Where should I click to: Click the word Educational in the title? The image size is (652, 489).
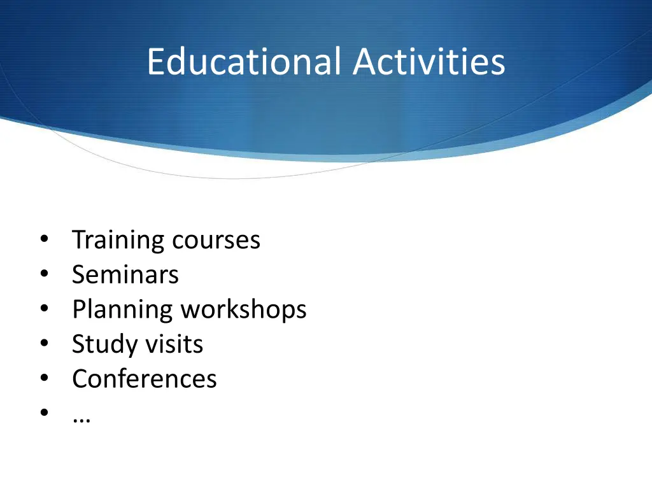(x=245, y=62)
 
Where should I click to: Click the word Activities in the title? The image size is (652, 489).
(x=429, y=62)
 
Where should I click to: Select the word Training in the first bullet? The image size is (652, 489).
(x=118, y=241)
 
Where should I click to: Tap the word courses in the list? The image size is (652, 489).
(x=216, y=241)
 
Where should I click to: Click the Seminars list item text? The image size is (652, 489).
(x=125, y=275)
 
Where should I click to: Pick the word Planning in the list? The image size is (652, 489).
(x=122, y=310)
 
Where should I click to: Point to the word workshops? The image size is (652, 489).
(x=244, y=310)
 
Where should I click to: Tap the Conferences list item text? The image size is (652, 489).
(x=145, y=379)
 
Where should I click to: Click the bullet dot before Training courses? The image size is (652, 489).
(x=43, y=241)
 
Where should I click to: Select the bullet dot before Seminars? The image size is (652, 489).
(x=43, y=275)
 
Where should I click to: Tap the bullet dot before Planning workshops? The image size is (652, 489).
(x=43, y=310)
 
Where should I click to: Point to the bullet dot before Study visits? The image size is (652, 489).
(x=43, y=344)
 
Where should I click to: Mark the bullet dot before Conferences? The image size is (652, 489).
(x=43, y=379)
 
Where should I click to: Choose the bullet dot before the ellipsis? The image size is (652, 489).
(x=43, y=413)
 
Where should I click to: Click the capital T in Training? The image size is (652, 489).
(x=79, y=240)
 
